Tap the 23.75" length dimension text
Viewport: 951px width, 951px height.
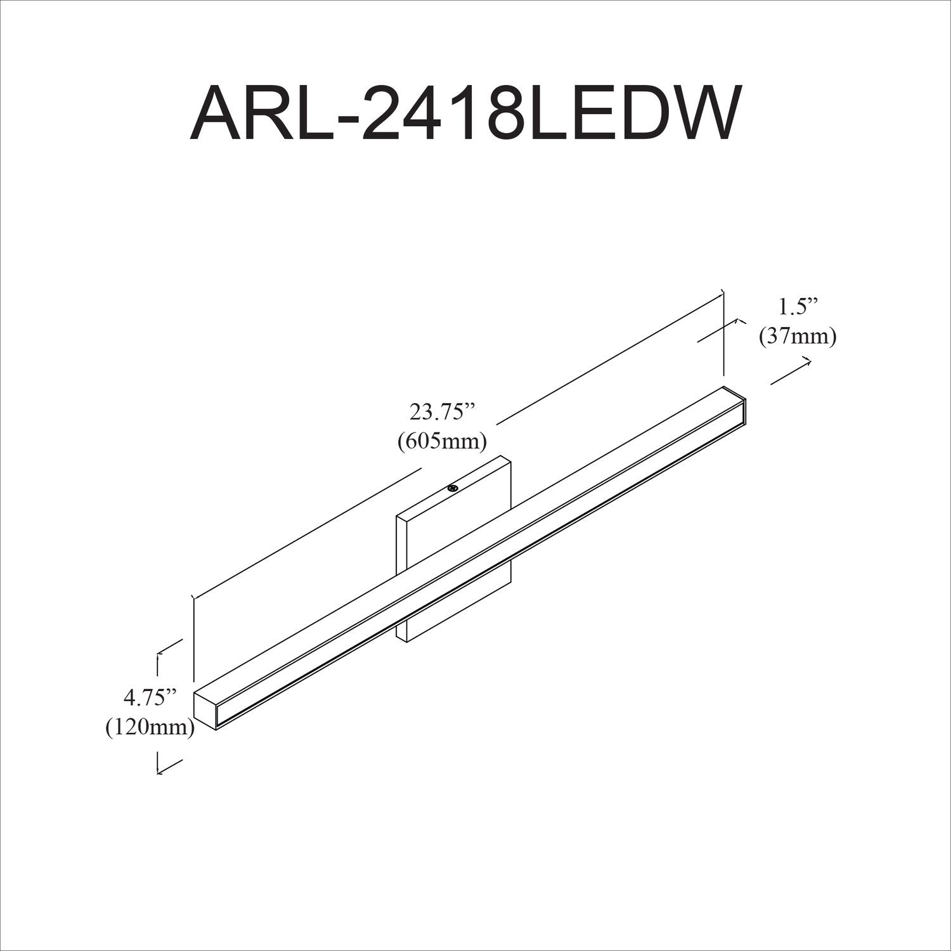(x=442, y=413)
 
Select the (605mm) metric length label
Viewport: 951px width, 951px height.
(x=442, y=441)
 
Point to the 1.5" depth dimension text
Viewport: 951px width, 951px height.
(x=798, y=307)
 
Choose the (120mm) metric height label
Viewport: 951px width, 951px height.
(x=150, y=727)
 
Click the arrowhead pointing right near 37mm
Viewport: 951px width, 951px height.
(x=808, y=360)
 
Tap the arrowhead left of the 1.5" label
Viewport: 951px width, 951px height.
(x=738, y=321)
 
